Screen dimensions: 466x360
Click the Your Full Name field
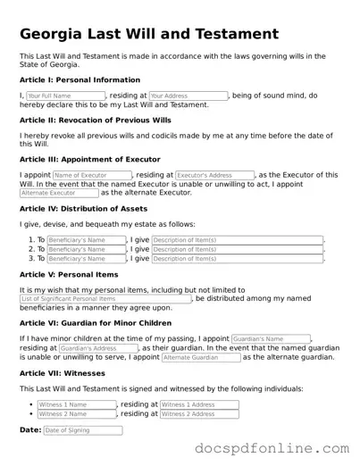tap(65, 96)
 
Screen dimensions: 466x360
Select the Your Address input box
tap(188, 96)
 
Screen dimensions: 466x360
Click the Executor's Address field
tap(214, 175)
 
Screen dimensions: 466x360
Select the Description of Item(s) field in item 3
tap(237, 259)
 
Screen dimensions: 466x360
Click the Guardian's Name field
tap(271, 339)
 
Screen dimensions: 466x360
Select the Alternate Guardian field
tap(201, 357)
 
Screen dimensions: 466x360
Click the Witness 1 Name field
tap(77, 404)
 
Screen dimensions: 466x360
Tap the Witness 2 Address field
tap(199, 414)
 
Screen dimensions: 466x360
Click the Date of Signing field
tap(82, 430)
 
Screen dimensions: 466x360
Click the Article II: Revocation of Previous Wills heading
tap(96, 118)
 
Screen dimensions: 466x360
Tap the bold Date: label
tap(29, 430)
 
